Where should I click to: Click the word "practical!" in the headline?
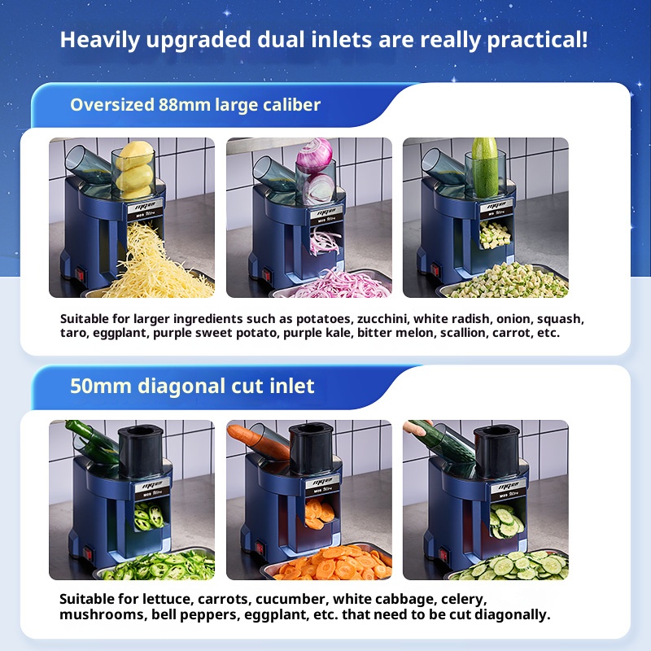(x=537, y=40)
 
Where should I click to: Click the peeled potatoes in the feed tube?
(x=134, y=170)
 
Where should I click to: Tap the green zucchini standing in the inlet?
(x=484, y=167)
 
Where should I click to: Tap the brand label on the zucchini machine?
(x=497, y=207)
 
